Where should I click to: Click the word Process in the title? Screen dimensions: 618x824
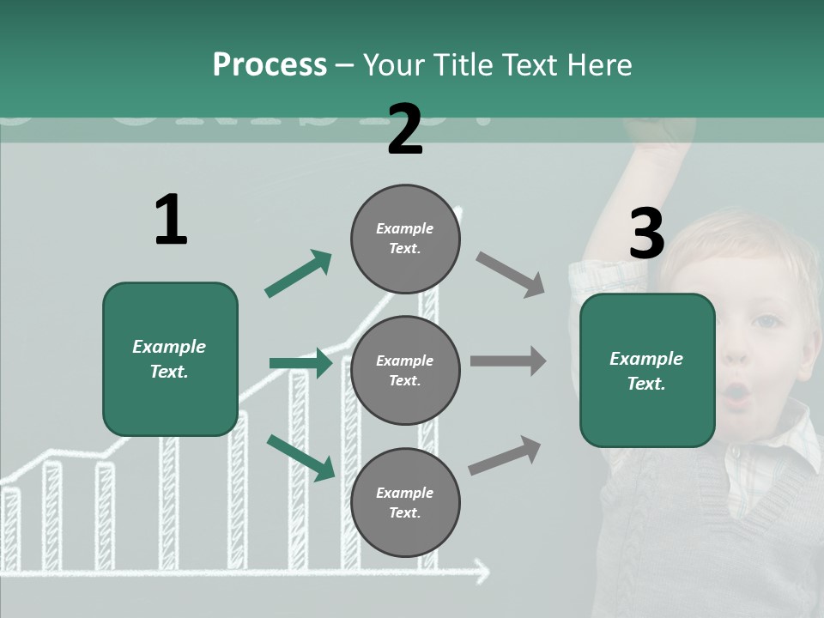coord(270,65)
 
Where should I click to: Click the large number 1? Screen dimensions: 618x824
coord(171,221)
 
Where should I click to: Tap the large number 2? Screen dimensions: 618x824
coord(405,130)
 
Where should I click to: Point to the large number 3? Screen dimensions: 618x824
coord(646,234)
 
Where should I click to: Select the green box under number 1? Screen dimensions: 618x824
coord(170,359)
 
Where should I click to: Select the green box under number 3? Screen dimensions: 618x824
coord(647,370)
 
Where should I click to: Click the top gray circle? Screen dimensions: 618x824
coord(405,239)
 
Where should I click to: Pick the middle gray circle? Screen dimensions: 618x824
coord(405,370)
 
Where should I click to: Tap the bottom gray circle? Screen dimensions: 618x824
coord(405,502)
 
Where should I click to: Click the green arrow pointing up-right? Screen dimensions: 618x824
coord(298,274)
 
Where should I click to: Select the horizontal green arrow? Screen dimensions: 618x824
coord(300,363)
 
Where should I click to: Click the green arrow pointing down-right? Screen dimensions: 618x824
coord(300,457)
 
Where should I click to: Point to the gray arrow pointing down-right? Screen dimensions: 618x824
coord(510,274)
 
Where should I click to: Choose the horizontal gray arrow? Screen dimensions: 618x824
coord(508,361)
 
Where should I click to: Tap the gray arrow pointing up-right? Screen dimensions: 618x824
coord(505,456)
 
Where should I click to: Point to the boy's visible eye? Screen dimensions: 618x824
coord(766,322)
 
